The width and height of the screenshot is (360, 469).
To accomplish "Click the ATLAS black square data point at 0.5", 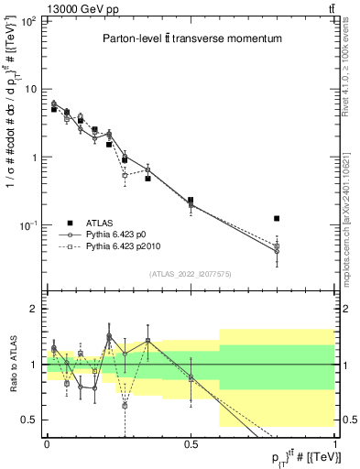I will tap(191, 200).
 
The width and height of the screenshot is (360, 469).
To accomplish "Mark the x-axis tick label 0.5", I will tap(191, 444).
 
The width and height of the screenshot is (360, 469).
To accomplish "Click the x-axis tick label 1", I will tap(334, 444).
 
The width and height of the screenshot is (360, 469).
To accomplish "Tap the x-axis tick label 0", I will tap(47, 444).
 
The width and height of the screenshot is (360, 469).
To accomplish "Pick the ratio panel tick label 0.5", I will tap(29, 420).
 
